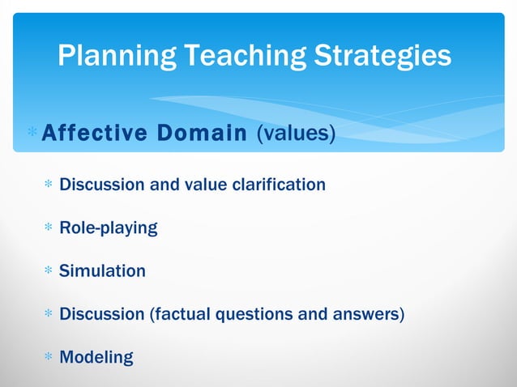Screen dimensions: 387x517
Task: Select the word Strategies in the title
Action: (382, 55)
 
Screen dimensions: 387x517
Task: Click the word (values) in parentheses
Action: (296, 132)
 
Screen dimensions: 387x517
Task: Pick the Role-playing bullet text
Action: (109, 228)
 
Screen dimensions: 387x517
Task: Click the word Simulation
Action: (103, 271)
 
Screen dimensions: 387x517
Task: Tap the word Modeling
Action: (96, 357)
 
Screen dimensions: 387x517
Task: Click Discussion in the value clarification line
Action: (103, 185)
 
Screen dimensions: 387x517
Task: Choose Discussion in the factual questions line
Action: (103, 314)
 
